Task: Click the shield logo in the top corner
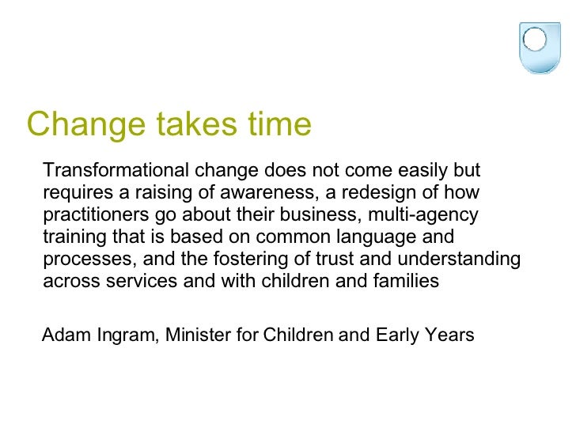538,45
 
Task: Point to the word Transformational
115,171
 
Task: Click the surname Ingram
124,335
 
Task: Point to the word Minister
198,335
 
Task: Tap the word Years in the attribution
449,335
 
